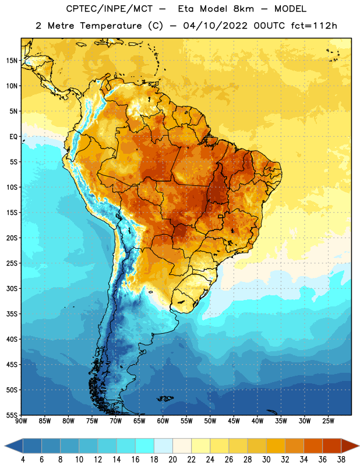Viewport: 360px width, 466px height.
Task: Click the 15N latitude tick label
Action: tap(12, 61)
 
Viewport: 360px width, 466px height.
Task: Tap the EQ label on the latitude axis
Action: tap(13, 137)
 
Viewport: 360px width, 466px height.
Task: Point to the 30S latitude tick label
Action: tap(12, 288)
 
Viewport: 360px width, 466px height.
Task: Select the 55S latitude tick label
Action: tap(12, 415)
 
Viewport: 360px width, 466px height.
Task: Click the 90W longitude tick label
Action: tap(21, 421)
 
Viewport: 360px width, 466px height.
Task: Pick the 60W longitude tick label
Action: tap(163, 421)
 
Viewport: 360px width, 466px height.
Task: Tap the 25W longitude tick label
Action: tap(328, 421)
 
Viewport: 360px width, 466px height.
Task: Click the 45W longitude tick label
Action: tap(234, 421)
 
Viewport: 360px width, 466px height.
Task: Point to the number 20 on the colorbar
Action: tap(172, 460)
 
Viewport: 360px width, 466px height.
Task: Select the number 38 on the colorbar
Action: tap(341, 460)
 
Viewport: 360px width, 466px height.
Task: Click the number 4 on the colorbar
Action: tap(23, 460)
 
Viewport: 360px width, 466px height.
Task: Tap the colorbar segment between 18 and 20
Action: tap(163, 446)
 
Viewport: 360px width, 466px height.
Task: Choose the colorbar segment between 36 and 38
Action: tap(332, 446)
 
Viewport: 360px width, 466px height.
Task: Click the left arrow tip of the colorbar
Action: tap(5, 446)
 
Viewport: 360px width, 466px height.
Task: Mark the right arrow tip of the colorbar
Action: tap(359, 446)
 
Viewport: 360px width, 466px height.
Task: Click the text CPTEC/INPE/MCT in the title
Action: tap(110, 9)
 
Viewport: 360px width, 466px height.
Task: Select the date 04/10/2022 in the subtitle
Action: tap(215, 26)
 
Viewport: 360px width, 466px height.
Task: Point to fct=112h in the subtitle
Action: tap(314, 26)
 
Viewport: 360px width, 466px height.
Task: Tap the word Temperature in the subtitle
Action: tap(111, 26)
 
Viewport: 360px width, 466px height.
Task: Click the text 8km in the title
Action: tap(243, 9)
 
